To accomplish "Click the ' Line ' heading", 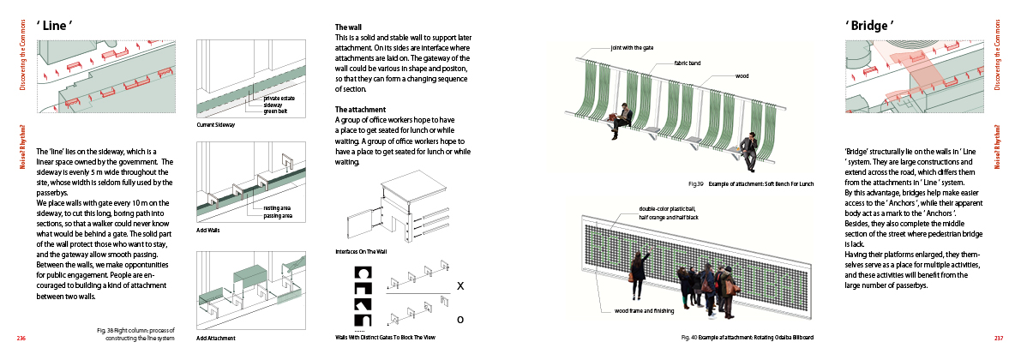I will [x=54, y=26].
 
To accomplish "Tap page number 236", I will [x=22, y=339].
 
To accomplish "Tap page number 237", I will [x=999, y=339].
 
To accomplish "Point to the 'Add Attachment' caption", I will [x=215, y=338].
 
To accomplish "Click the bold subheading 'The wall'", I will [x=349, y=27].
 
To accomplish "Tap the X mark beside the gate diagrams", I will [x=460, y=285].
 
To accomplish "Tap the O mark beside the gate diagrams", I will [x=460, y=319].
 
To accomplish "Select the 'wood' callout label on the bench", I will [x=742, y=76].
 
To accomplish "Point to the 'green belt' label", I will [x=276, y=111].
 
